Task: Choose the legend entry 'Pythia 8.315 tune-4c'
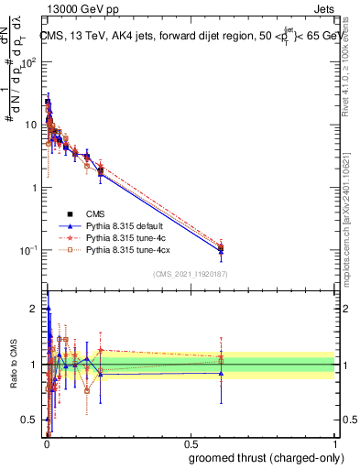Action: tap(128, 236)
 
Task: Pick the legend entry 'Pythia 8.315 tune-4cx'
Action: tap(130, 248)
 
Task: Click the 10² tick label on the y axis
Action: tap(28, 63)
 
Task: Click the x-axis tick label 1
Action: tap(336, 443)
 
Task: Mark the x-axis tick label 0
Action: tap(47, 443)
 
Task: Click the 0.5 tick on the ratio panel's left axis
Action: tap(31, 420)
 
